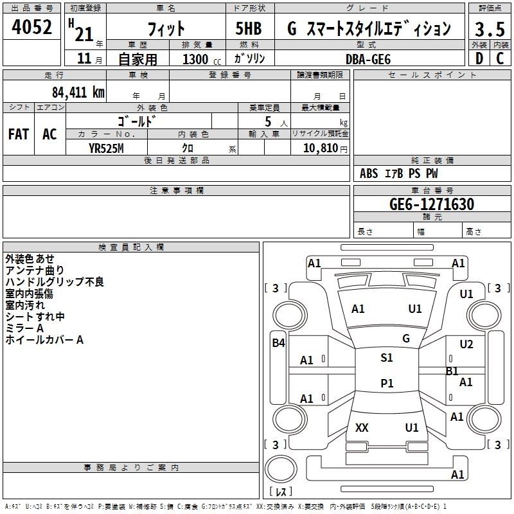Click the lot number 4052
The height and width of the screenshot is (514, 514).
coord(31,27)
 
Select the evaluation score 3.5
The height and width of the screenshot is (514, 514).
coord(490,29)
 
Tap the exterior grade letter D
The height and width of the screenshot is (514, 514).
coord(479,58)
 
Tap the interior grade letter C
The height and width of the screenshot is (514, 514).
coord(500,58)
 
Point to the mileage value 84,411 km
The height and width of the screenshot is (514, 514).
coord(78,93)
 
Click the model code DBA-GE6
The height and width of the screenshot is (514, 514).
coord(368,59)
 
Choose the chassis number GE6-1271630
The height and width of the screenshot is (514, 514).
coord(432,204)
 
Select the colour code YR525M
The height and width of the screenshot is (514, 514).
coord(106,148)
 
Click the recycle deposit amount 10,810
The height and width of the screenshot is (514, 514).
coord(321,148)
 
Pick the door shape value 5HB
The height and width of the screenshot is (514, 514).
coord(249,28)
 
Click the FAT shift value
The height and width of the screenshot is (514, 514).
coord(19,134)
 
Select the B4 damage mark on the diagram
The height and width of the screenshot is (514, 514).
coord(278,343)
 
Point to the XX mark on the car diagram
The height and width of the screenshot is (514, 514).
coord(362,428)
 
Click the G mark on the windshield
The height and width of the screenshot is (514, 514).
coord(406,339)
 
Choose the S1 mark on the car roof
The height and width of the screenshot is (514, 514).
coord(387,358)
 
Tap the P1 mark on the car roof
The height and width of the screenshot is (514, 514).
coord(387,383)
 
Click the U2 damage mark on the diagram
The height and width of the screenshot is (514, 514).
coord(466,344)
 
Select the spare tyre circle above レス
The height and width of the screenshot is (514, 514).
coord(281,469)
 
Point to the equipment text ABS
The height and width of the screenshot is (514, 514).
coord(369,173)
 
